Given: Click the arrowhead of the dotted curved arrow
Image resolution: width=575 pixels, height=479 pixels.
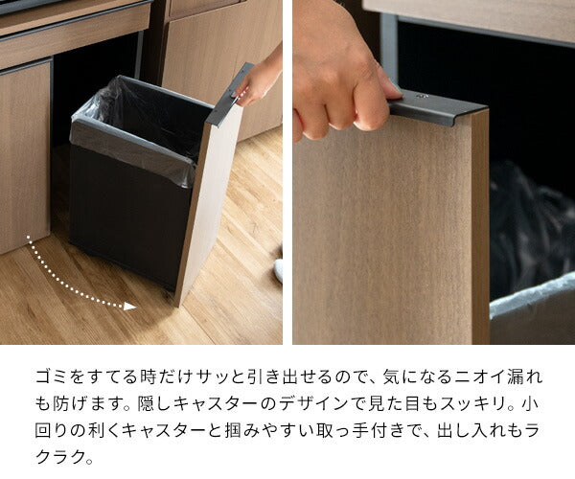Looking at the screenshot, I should point(131,307).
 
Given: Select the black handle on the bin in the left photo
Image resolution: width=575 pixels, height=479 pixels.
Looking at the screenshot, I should point(230,96).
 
